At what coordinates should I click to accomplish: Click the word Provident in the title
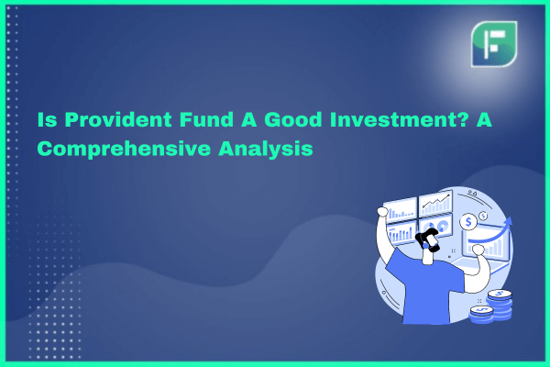click(x=118, y=120)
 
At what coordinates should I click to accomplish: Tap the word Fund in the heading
click(x=206, y=119)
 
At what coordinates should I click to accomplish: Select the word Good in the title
click(x=293, y=119)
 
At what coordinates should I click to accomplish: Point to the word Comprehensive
click(x=124, y=149)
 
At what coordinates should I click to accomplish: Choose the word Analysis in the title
click(x=266, y=149)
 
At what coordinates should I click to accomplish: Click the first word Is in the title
click(x=48, y=119)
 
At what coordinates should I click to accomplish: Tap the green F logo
click(x=494, y=44)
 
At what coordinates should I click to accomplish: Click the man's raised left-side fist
click(x=382, y=212)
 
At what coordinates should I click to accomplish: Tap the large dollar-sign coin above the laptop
click(x=468, y=222)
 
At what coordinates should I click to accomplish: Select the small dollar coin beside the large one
click(x=483, y=216)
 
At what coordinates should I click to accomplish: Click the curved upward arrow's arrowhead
click(x=508, y=222)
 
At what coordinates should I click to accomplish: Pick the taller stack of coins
click(x=500, y=304)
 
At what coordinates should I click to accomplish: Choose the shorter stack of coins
click(x=481, y=315)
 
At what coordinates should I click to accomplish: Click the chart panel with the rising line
click(x=436, y=204)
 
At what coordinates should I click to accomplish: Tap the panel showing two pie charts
click(x=436, y=226)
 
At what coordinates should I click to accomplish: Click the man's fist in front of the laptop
click(x=478, y=250)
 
